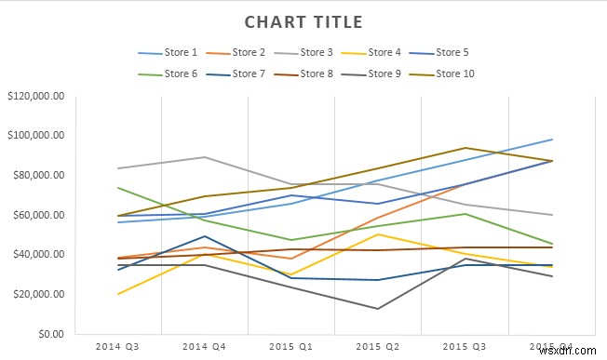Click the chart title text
pyautogui.click(x=303, y=21)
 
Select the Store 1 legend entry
pyautogui.click(x=169, y=53)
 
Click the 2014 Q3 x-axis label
pyautogui.click(x=118, y=346)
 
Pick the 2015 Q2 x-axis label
pyautogui.click(x=377, y=346)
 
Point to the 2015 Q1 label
pyautogui.click(x=291, y=346)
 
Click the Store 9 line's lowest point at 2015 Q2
pyautogui.click(x=377, y=309)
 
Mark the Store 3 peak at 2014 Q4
pyautogui.click(x=205, y=157)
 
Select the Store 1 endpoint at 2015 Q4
pyautogui.click(x=552, y=140)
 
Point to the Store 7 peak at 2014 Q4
pyautogui.click(x=205, y=236)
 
